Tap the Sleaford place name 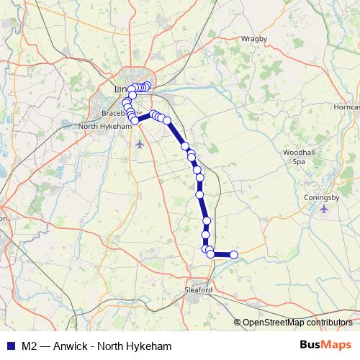click(x=199, y=289)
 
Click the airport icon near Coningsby click(x=323, y=209)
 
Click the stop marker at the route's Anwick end click(x=233, y=254)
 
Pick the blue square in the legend click(x=9, y=345)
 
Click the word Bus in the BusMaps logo click(x=310, y=344)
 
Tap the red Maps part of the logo click(x=336, y=344)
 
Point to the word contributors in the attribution click(x=328, y=323)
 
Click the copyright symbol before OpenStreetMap click(x=238, y=323)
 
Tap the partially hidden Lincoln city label click(x=121, y=89)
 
